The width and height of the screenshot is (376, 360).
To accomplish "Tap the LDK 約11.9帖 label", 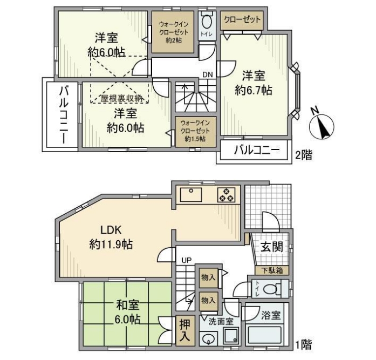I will (x=111, y=237).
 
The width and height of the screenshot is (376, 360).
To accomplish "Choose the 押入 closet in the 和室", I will (x=183, y=330).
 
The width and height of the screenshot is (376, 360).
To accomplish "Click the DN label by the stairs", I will (x=208, y=74).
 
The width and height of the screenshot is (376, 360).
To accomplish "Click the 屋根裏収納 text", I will (x=122, y=98).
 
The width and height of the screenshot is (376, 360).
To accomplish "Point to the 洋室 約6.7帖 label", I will (x=253, y=83).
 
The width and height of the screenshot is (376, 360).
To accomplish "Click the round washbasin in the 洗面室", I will (x=208, y=339).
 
